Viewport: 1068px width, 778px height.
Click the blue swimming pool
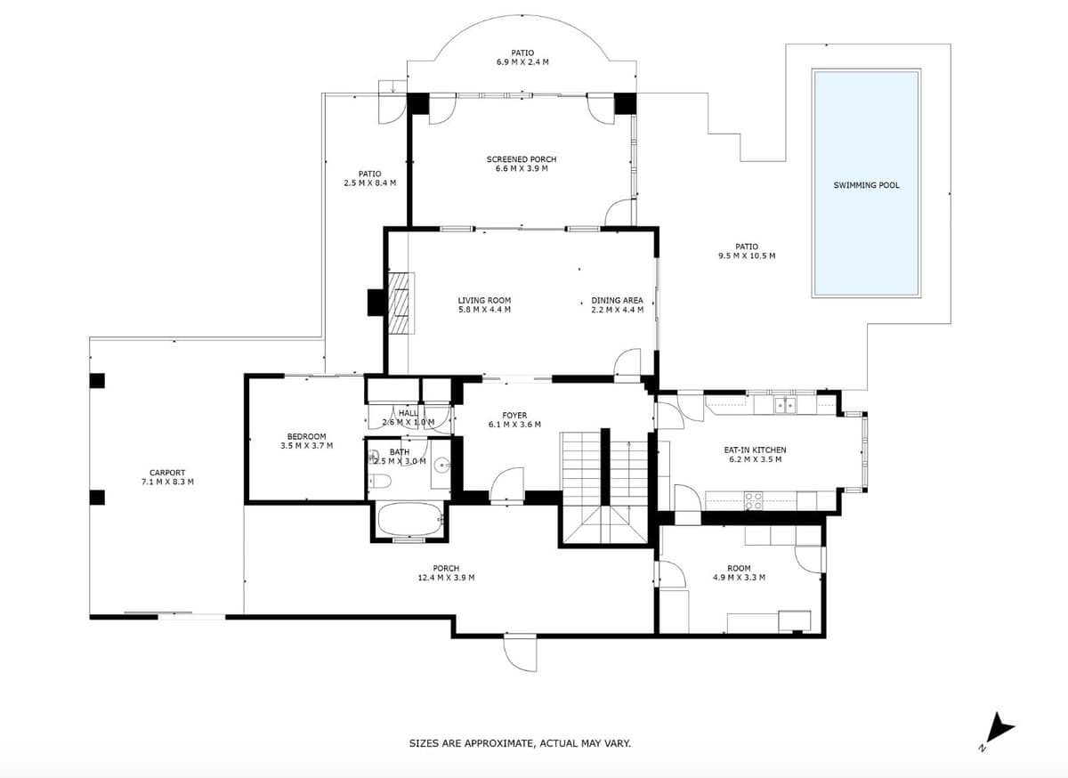pyautogui.click(x=866, y=183)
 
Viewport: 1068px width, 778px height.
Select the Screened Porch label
pyautogui.click(x=522, y=164)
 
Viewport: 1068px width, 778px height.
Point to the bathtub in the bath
pyautogui.click(x=410, y=519)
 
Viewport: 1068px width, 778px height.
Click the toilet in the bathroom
pyautogui.click(x=381, y=481)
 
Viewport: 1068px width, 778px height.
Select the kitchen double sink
pyautogui.click(x=785, y=405)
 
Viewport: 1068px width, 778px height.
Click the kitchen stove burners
pyautogui.click(x=753, y=501)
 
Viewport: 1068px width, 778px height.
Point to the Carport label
pyautogui.click(x=167, y=477)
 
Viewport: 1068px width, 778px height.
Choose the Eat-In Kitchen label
pyautogui.click(x=756, y=455)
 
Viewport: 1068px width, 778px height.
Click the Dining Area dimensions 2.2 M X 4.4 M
pyautogui.click(x=618, y=310)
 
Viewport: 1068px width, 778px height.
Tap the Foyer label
pyautogui.click(x=515, y=420)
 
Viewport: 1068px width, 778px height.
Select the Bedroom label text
pyautogui.click(x=306, y=436)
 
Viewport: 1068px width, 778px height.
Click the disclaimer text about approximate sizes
pyautogui.click(x=520, y=743)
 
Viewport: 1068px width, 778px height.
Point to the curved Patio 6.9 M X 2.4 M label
pyautogui.click(x=522, y=57)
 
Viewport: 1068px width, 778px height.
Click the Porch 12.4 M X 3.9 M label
pyautogui.click(x=446, y=573)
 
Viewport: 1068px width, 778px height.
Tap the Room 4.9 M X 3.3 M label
pyautogui.click(x=739, y=572)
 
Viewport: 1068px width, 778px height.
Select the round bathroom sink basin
pyautogui.click(x=442, y=463)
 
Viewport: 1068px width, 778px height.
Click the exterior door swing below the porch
pyautogui.click(x=520, y=653)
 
